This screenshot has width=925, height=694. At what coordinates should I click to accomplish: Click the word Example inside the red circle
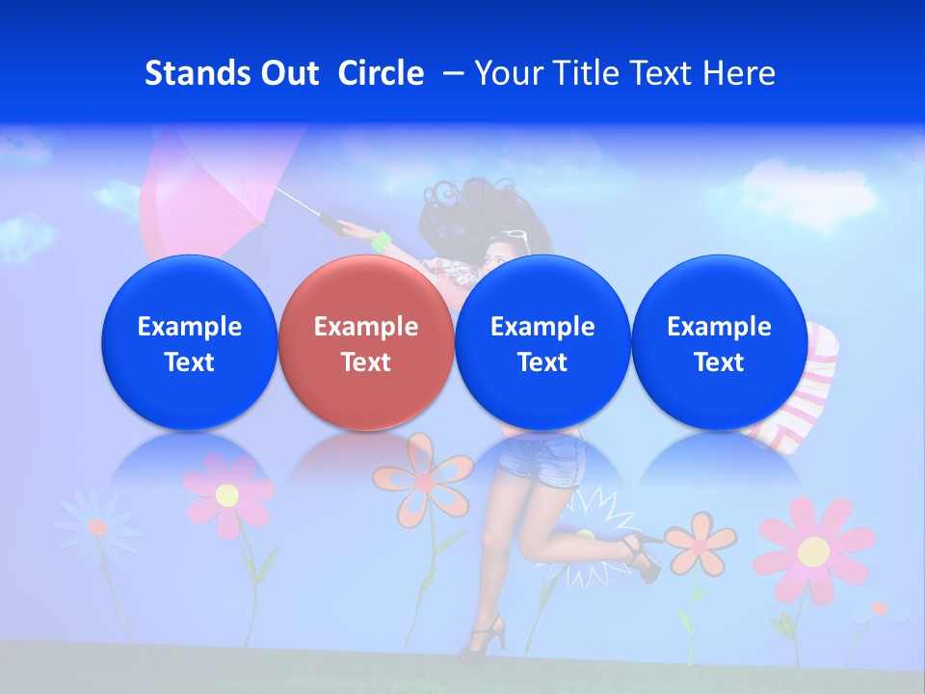[366, 327]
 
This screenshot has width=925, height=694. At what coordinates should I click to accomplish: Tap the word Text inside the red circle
[366, 362]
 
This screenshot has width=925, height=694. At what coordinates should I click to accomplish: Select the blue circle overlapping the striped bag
[719, 342]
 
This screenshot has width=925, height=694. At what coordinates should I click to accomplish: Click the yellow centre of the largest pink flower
[813, 551]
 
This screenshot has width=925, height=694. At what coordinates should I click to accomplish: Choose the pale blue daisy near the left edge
[96, 526]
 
